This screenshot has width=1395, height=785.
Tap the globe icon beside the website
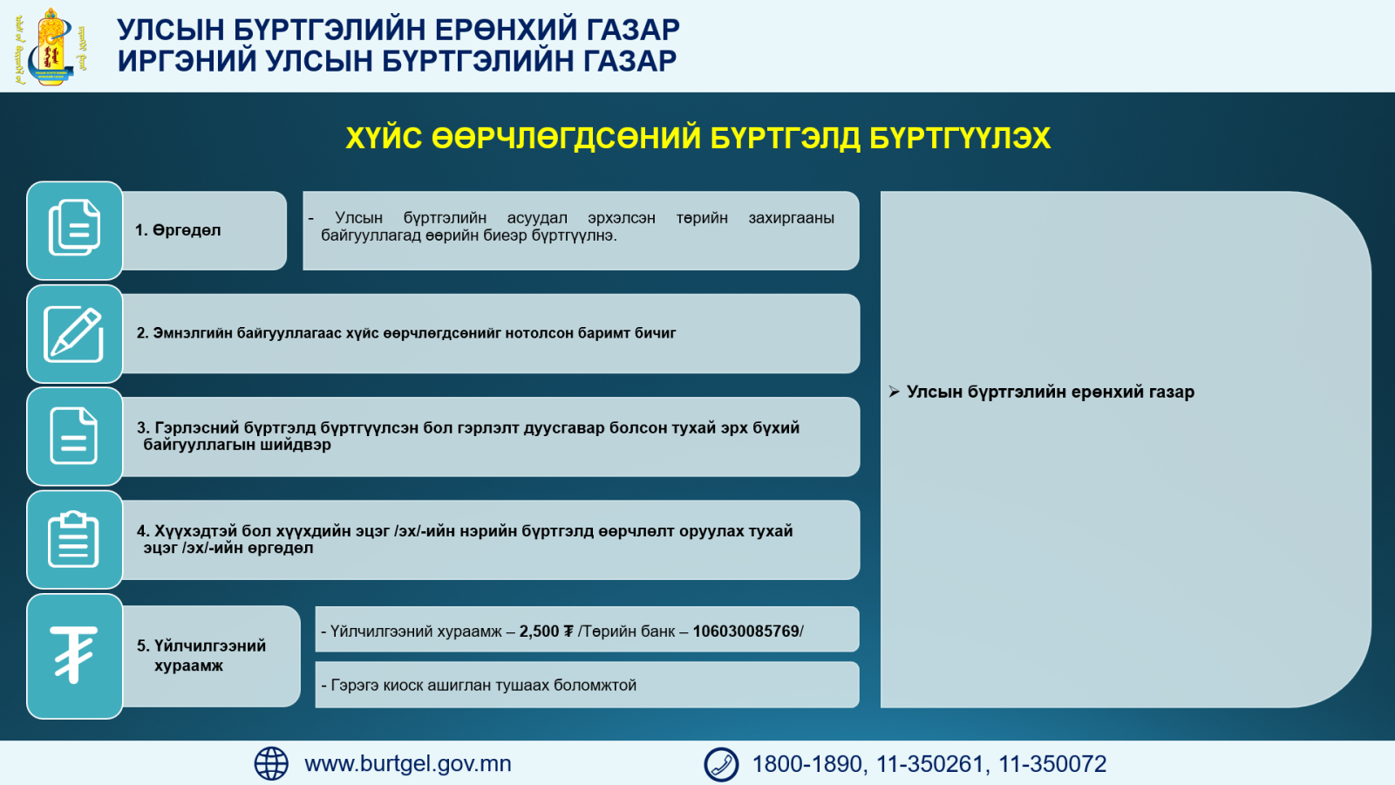point(271,764)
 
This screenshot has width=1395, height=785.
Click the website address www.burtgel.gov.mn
point(408,764)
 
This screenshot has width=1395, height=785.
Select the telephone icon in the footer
point(721,764)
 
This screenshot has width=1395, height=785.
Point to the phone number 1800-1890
point(807,764)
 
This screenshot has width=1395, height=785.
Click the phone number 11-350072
point(1052,764)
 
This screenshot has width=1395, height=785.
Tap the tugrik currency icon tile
point(74,656)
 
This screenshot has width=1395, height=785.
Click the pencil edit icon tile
point(74,334)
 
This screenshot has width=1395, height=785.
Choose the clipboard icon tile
point(74,540)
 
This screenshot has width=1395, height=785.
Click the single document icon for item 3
point(73,436)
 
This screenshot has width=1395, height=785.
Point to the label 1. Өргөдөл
point(178,230)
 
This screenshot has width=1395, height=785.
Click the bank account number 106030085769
point(746,631)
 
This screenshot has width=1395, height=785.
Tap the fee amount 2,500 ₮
point(546,631)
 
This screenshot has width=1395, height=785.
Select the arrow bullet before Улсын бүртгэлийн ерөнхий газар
point(895,392)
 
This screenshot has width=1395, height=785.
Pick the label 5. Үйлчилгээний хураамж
point(201,655)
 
